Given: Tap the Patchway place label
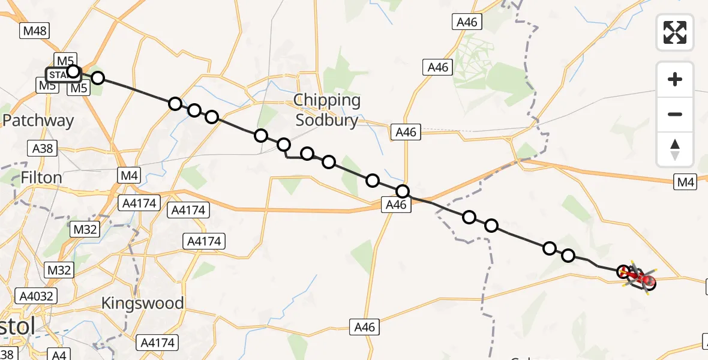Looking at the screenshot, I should [x=38, y=121].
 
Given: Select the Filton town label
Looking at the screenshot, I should [x=41, y=178].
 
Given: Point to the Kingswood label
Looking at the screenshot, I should [x=143, y=303].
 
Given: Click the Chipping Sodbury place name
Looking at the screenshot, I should [x=327, y=110].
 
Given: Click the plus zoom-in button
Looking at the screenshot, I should [x=675, y=79].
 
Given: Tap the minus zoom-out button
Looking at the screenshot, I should [x=675, y=114].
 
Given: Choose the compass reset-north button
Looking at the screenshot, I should [x=675, y=149].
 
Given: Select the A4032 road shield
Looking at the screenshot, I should [x=37, y=296].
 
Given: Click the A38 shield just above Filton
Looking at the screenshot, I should [x=41, y=148].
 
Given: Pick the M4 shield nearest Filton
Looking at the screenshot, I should [x=130, y=176].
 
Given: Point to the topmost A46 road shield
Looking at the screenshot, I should [x=467, y=22].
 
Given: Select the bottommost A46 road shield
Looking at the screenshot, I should [x=364, y=327].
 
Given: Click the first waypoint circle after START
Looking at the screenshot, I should [x=97, y=78].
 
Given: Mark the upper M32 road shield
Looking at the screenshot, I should [x=84, y=229].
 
